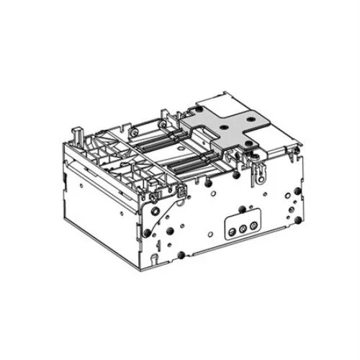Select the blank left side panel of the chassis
tap(94, 202)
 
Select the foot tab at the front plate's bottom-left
tap(153, 256)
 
